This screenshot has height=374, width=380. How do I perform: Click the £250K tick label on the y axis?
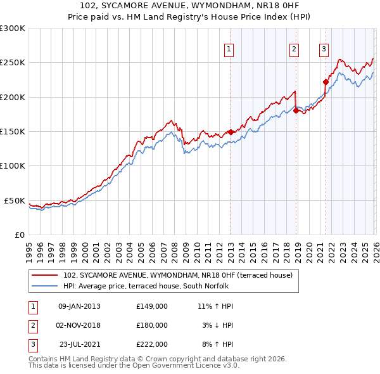point(13,63)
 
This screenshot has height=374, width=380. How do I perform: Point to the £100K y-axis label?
point(13,165)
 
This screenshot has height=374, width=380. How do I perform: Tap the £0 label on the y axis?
point(19,235)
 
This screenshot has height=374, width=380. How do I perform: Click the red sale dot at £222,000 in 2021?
point(326,82)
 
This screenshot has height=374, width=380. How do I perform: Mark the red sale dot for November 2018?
point(296,111)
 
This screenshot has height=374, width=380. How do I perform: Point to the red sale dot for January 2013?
point(231,132)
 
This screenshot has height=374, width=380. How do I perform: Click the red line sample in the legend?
point(46,276)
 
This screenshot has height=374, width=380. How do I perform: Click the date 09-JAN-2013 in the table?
point(79,306)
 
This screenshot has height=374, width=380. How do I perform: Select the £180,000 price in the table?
point(151,325)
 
